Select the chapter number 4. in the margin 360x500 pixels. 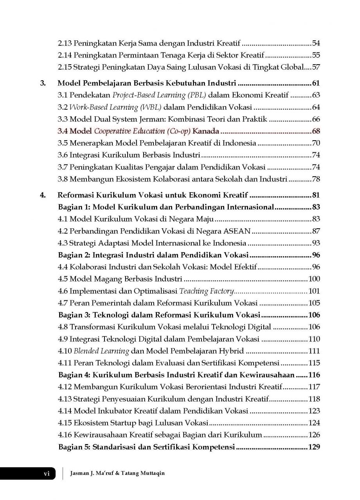pyautogui.click(x=44, y=195)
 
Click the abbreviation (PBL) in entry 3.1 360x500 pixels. pyautogui.click(x=196, y=95)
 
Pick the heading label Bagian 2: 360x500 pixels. pyautogui.click(x=74, y=255)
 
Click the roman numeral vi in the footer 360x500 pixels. pyautogui.click(x=47, y=473)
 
